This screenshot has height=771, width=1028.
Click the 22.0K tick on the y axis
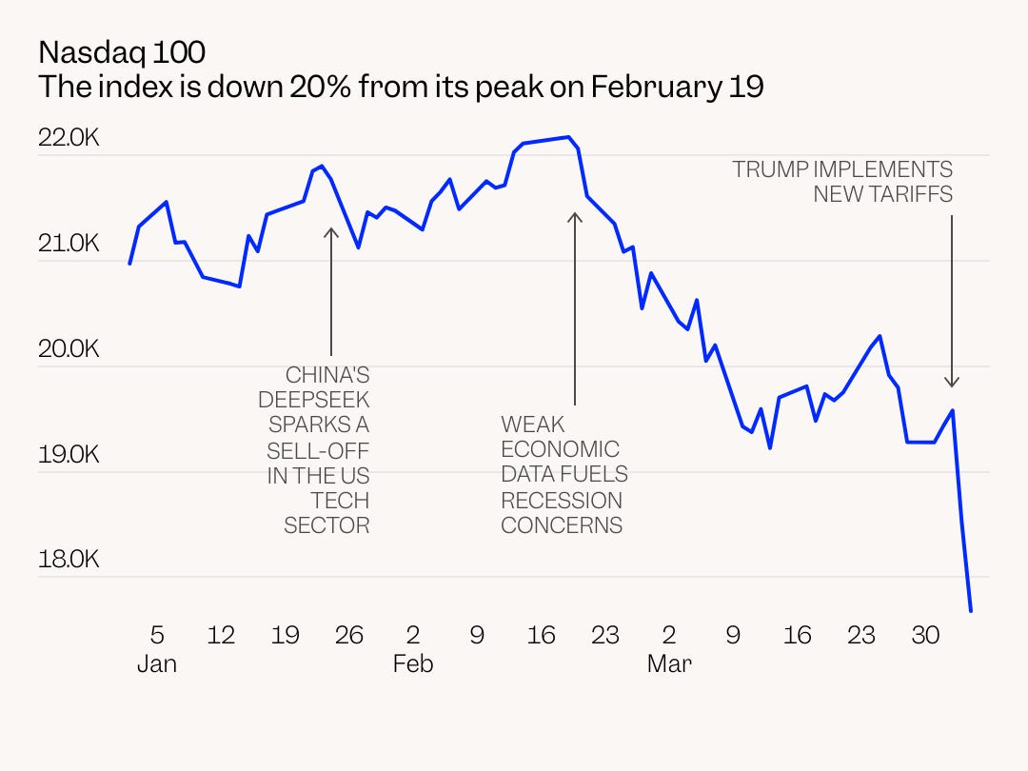pyautogui.click(x=69, y=138)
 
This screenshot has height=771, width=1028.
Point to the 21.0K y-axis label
pyautogui.click(x=69, y=244)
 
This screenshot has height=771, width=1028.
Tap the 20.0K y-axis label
pyautogui.click(x=69, y=349)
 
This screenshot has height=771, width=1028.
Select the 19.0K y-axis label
pyautogui.click(x=69, y=454)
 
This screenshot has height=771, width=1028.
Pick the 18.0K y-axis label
pyautogui.click(x=69, y=560)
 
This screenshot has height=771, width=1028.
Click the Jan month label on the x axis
pyautogui.click(x=157, y=664)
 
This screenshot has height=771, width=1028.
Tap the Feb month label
pyautogui.click(x=412, y=664)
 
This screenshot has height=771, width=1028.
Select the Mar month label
pyautogui.click(x=669, y=664)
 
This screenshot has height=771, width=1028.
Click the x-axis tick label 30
pyautogui.click(x=925, y=635)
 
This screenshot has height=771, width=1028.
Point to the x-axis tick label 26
pyautogui.click(x=349, y=635)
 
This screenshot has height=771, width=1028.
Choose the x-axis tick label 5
pyautogui.click(x=157, y=635)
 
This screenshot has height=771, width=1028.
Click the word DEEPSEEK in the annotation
pyautogui.click(x=313, y=400)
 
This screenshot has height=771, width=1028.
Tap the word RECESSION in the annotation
pyautogui.click(x=562, y=500)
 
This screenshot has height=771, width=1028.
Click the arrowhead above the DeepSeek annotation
pyautogui.click(x=330, y=231)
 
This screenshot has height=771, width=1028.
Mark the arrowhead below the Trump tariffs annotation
pyautogui.click(x=951, y=383)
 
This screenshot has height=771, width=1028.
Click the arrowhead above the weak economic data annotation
pyautogui.click(x=575, y=217)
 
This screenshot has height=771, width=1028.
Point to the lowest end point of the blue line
pyautogui.click(x=971, y=610)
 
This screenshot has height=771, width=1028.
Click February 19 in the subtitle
pyautogui.click(x=677, y=87)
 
